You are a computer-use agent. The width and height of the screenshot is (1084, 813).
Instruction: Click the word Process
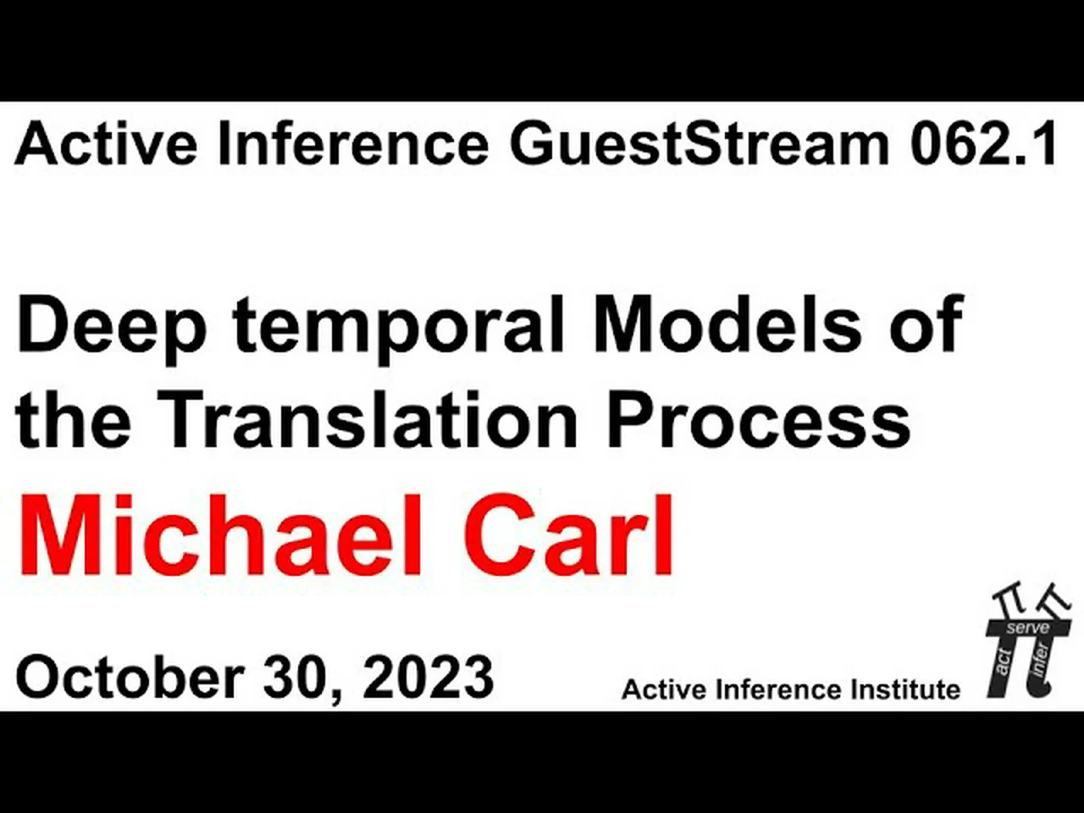(759, 419)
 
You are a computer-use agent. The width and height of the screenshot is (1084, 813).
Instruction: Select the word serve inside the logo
(1028, 628)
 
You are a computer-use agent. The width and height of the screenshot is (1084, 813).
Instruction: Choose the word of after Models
(926, 325)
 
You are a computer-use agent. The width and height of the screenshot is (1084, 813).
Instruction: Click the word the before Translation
(74, 419)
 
